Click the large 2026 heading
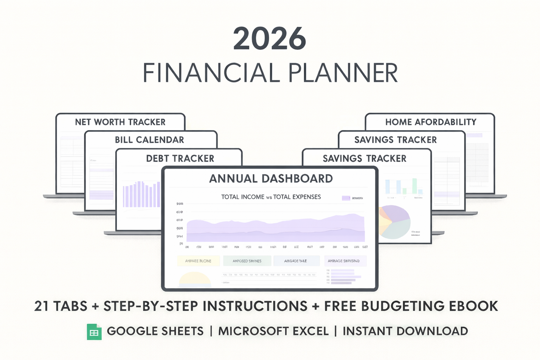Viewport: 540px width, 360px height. coord(269,39)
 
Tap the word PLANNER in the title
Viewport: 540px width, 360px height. coord(343,73)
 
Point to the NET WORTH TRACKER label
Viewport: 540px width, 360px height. coord(120,122)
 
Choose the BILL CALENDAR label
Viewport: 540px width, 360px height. coord(149,140)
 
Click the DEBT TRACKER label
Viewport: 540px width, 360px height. coord(180,159)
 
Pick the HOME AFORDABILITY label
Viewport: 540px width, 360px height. coord(431,122)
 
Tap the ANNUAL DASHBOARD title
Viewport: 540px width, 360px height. coord(271,179)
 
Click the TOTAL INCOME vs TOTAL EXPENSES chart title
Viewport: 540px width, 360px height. coord(271,197)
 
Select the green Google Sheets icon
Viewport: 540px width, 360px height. coord(94,332)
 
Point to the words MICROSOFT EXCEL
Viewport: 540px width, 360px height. coord(273,331)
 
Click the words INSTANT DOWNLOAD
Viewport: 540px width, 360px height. coord(405,331)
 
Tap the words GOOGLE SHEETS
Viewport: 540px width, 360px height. coord(155,331)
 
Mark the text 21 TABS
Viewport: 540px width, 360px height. coord(61,306)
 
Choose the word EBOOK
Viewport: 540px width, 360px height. coord(473,306)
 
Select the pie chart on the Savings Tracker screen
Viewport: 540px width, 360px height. coord(394,222)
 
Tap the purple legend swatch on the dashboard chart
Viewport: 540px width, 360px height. coord(346,198)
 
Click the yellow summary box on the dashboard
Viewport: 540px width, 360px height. coord(198,261)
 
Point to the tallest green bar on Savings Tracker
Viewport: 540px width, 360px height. coord(414,186)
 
